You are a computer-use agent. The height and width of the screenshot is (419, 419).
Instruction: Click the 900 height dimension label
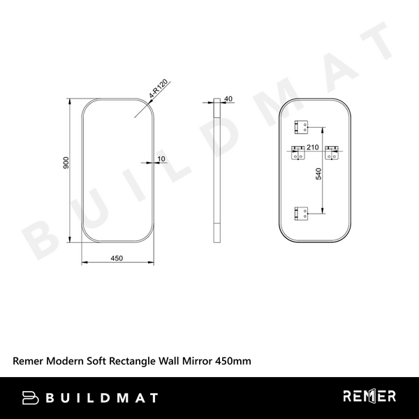(x=66, y=163)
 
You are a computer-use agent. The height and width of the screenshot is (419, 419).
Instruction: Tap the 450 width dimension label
(x=117, y=258)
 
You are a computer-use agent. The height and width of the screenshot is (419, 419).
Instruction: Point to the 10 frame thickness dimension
(x=161, y=159)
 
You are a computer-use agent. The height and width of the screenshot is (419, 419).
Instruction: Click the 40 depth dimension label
(x=228, y=99)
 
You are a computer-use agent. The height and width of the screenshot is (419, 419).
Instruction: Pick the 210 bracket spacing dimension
(x=312, y=147)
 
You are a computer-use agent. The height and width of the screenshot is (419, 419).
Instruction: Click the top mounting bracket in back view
(x=302, y=126)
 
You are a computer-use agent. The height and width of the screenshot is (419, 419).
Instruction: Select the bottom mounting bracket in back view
(x=302, y=212)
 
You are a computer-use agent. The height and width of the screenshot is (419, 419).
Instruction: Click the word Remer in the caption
(x=27, y=362)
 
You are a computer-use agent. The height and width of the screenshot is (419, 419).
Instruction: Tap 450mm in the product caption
(x=231, y=362)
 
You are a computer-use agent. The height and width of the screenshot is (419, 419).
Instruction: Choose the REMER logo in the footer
(x=369, y=397)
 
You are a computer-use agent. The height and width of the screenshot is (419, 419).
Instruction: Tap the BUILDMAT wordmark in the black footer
(x=101, y=398)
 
